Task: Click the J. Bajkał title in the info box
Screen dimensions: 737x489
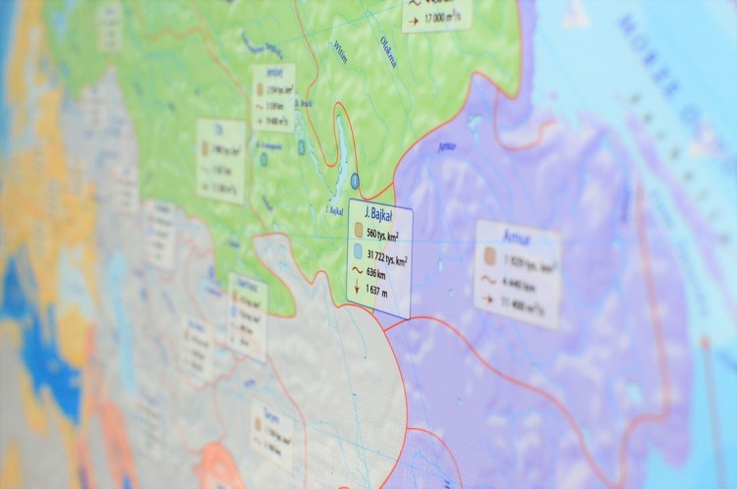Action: [378, 214]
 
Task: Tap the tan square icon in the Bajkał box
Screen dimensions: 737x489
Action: [358, 231]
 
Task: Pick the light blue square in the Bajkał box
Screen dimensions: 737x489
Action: [358, 252]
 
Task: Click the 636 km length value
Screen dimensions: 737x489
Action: [379, 273]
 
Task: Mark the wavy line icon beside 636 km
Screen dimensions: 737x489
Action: [357, 271]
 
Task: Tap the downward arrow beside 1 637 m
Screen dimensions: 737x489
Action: [357, 289]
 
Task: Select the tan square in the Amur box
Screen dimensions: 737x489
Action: [488, 260]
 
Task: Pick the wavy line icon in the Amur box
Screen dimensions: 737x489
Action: [488, 281]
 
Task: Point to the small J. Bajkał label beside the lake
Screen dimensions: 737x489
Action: [333, 209]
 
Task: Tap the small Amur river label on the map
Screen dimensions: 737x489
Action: [447, 144]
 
